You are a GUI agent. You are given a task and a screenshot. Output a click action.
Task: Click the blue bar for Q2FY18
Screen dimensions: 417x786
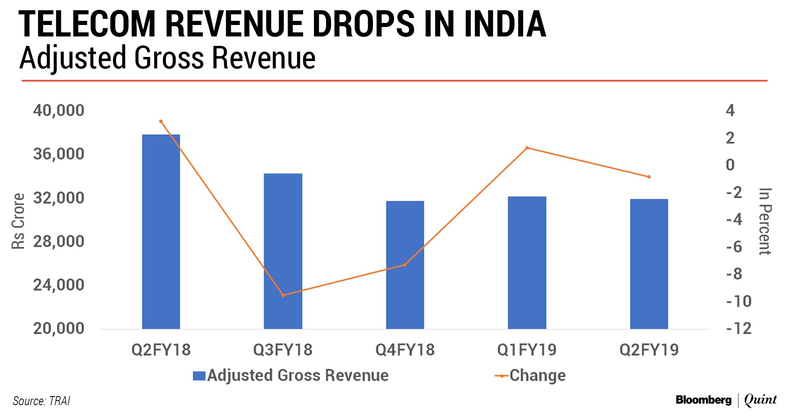[161, 231]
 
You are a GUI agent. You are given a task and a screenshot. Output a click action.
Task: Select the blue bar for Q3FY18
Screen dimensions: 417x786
[283, 251]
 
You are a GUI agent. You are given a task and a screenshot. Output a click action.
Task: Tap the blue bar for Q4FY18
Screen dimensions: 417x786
[405, 265]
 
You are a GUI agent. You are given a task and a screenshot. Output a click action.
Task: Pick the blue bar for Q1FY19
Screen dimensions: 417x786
[527, 263]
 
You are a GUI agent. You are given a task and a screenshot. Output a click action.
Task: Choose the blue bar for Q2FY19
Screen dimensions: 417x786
[649, 264]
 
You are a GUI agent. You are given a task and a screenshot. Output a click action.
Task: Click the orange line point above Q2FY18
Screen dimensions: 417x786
[161, 121]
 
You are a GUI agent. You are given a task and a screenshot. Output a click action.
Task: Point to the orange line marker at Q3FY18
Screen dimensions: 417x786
[283, 295]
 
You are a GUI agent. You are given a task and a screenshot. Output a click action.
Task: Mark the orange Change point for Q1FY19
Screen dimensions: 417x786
[527, 148]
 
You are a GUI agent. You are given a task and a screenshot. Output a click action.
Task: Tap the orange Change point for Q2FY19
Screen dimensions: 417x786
[649, 177]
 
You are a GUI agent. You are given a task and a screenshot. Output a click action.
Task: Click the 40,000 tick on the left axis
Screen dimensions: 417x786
[59, 111]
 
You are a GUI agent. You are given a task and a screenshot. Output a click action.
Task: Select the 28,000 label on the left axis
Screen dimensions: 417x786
[59, 241]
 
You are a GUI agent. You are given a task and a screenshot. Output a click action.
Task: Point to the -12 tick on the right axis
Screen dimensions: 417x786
[739, 329]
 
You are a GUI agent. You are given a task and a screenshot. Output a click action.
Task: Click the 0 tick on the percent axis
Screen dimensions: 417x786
[730, 165]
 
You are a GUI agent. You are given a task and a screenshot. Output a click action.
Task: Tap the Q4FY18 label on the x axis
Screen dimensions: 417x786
[405, 350]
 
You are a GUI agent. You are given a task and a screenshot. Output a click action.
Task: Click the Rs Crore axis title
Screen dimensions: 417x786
[18, 221]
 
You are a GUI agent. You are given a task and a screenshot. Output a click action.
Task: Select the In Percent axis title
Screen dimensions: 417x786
[765, 221]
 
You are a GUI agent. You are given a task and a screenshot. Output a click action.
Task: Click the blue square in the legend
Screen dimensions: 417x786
[199, 376]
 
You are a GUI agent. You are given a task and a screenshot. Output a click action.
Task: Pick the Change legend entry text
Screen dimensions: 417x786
[538, 375]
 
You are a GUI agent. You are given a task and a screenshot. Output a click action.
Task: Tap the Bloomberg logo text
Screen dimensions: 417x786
[703, 400]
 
